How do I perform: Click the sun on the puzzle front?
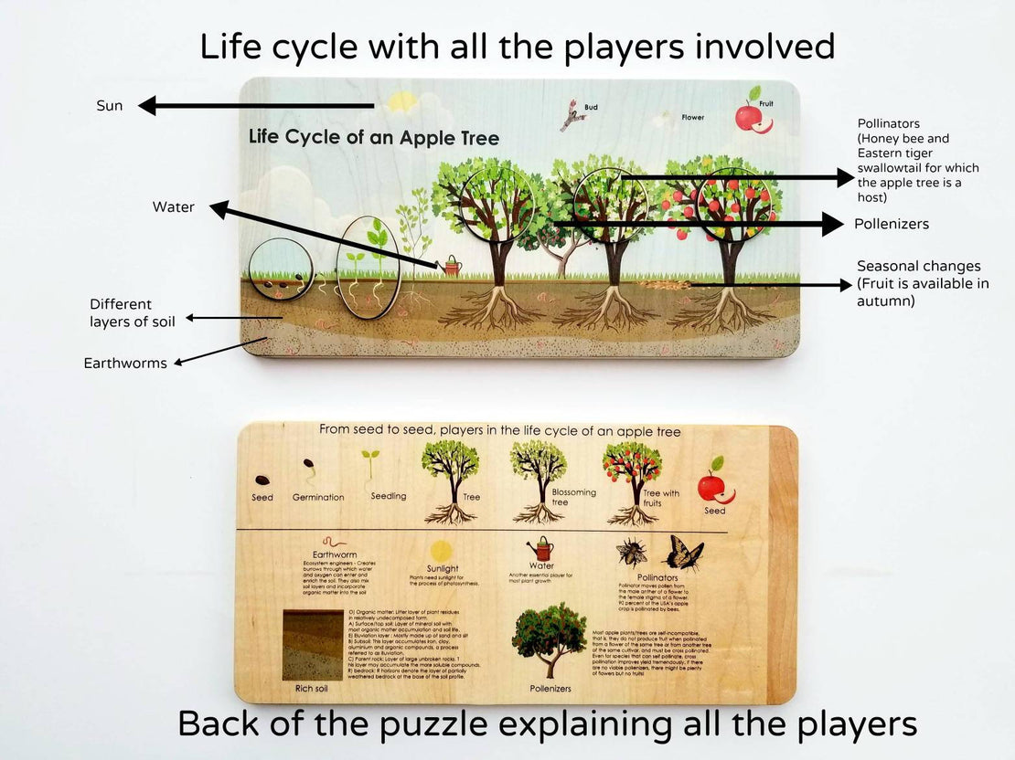click(401, 101)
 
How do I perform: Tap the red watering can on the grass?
click(453, 266)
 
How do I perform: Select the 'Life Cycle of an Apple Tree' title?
click(374, 138)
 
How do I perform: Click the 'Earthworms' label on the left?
click(125, 363)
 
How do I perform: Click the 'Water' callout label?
click(174, 207)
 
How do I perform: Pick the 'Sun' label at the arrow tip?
click(110, 106)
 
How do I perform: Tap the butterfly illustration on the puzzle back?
click(684, 552)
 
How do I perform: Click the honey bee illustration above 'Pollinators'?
click(632, 553)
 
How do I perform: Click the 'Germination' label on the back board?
click(318, 497)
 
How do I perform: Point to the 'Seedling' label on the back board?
click(389, 496)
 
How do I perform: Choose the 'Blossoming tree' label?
click(573, 497)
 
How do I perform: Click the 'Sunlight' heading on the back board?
click(442, 568)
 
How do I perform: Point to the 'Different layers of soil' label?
click(132, 312)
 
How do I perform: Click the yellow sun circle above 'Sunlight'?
click(442, 550)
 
